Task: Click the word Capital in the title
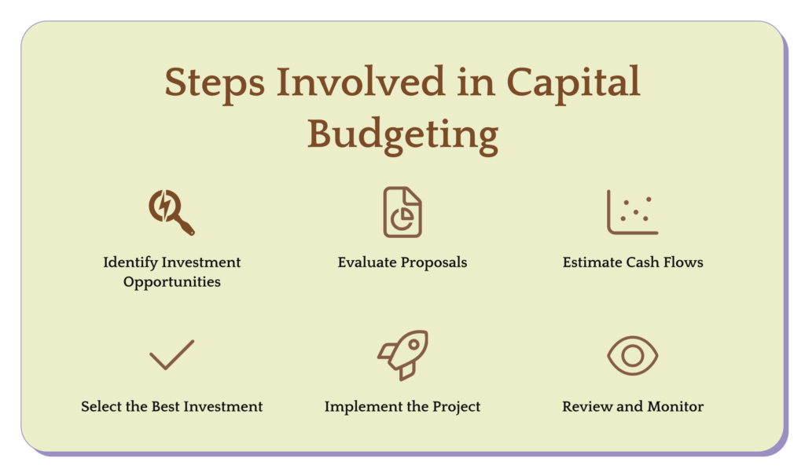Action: pos(573,82)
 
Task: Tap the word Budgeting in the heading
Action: pos(403,135)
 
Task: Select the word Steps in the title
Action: pos(215,82)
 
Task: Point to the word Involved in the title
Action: pos(360,81)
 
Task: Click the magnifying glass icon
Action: pos(171,212)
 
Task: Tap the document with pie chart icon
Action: pos(402,212)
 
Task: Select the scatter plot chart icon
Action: pos(632,212)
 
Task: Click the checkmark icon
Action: pos(172,355)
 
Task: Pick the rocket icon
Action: pos(403,355)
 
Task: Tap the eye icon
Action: pos(633,355)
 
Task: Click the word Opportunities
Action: pos(172,282)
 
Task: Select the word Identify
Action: pos(130,262)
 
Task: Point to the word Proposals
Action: pos(434,262)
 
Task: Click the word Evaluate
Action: pos(367,262)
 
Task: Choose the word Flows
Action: pos(683,262)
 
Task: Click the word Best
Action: pos(165,406)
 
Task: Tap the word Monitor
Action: pos(675,406)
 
